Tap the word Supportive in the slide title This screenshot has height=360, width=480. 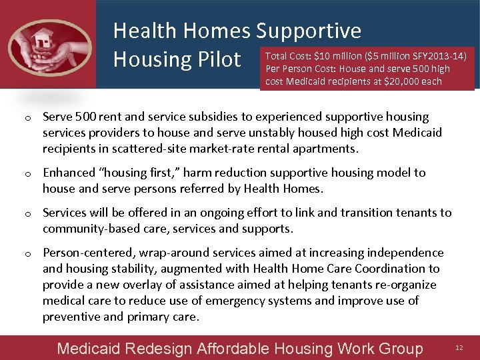pyautogui.click(x=309, y=30)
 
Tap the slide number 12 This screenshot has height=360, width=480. pyautogui.click(x=459, y=348)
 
